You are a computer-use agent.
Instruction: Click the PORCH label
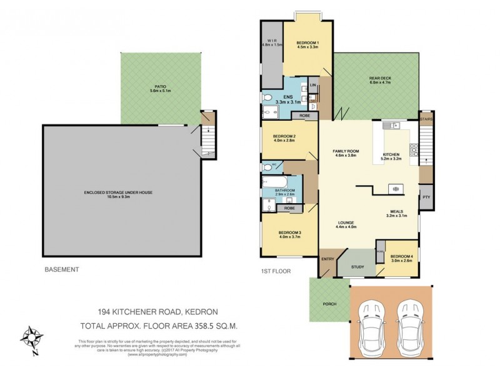tap(329, 304)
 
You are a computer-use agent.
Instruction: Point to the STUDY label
tap(357, 267)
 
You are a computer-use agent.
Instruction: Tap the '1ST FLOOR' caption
tap(275, 270)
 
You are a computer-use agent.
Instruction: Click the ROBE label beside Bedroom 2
tap(304, 116)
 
